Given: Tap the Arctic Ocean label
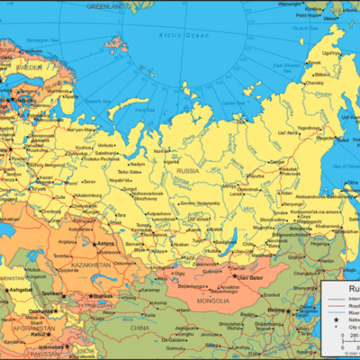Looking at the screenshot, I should click(158, 35).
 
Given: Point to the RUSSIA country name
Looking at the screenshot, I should click(187, 169).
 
